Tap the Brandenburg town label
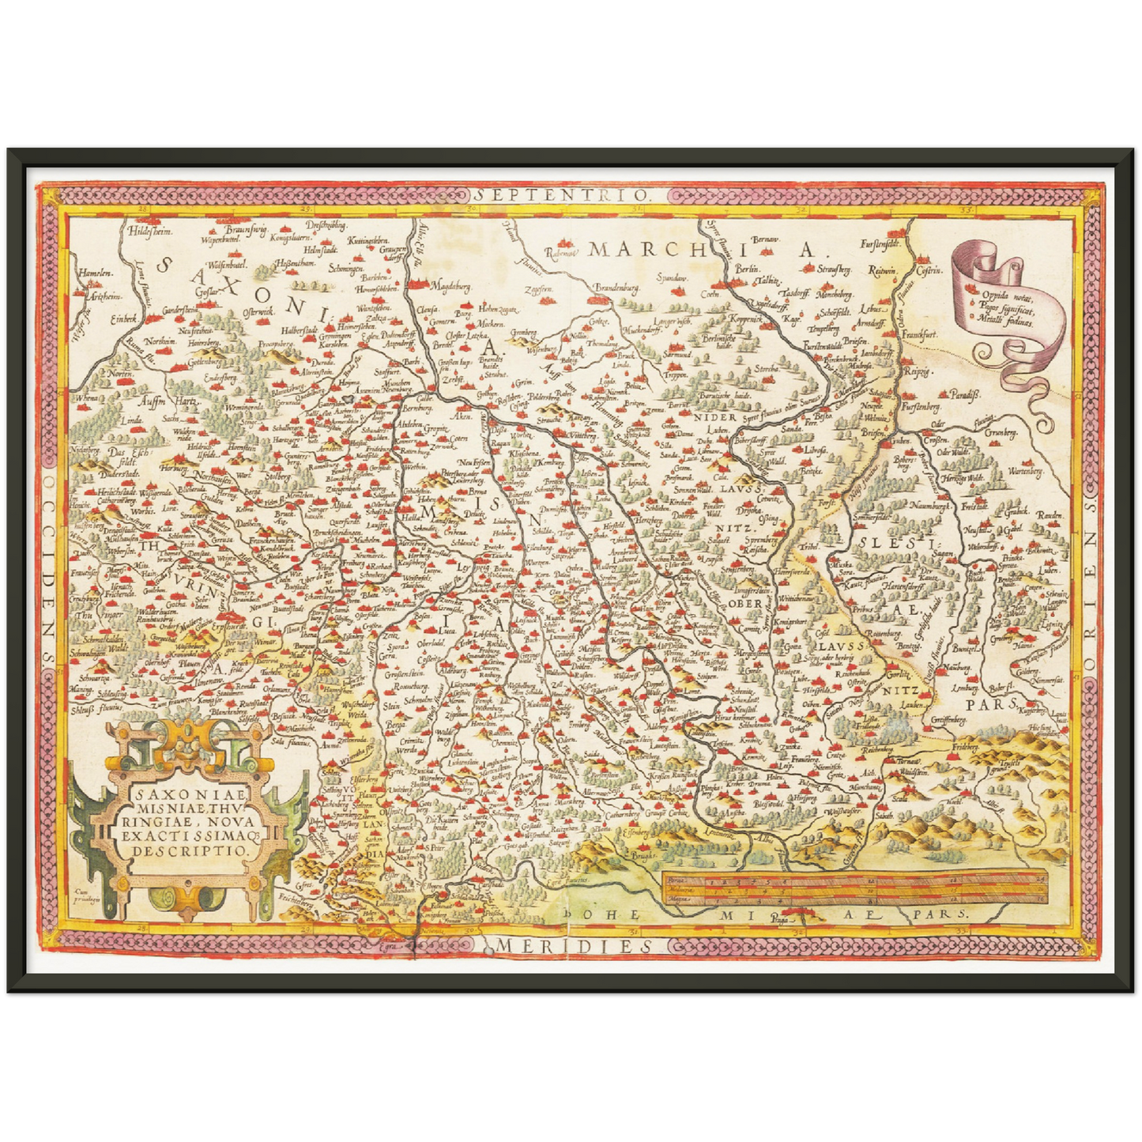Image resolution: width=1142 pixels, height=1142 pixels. pos(616,288)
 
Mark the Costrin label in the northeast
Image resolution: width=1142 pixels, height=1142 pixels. pos(929,270)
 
